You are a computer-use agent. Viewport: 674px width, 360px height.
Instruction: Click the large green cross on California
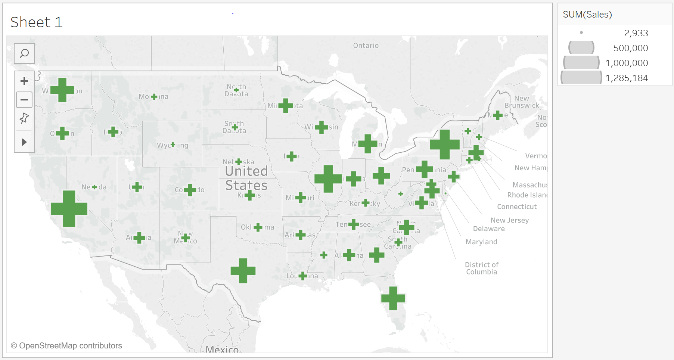pos(69,209)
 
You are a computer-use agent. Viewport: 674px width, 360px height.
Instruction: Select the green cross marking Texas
pos(243,271)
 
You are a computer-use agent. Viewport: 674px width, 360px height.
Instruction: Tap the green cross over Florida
pos(393,298)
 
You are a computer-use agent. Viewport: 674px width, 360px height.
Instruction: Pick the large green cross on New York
pos(444,145)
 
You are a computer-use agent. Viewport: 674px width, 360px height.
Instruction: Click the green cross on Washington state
pos(62,90)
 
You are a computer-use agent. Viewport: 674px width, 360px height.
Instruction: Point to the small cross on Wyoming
pos(173,145)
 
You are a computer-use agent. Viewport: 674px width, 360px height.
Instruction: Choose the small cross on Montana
pos(154,97)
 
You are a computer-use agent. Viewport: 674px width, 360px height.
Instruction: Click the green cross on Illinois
pos(328,179)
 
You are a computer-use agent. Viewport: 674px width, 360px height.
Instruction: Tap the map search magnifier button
pos(24,53)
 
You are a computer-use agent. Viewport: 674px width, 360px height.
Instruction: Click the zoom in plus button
pos(24,81)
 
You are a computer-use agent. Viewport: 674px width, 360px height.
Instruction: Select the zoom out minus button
pos(24,100)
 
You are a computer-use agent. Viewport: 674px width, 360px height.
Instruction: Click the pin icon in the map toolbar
pos(24,118)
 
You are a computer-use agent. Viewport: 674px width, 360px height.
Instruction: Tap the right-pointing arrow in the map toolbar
pos(24,142)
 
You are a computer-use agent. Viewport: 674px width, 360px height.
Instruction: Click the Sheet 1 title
pos(36,22)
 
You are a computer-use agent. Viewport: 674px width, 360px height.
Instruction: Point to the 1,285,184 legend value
pos(627,78)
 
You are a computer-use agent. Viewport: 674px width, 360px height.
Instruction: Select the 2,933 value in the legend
pos(636,33)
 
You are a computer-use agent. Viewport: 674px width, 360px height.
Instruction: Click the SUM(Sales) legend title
pos(587,15)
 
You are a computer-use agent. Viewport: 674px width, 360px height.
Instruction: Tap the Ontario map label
pos(366,46)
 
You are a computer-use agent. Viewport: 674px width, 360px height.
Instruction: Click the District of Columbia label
pos(481,268)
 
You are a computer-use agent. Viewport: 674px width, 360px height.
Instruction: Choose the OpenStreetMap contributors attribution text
pos(66,346)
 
